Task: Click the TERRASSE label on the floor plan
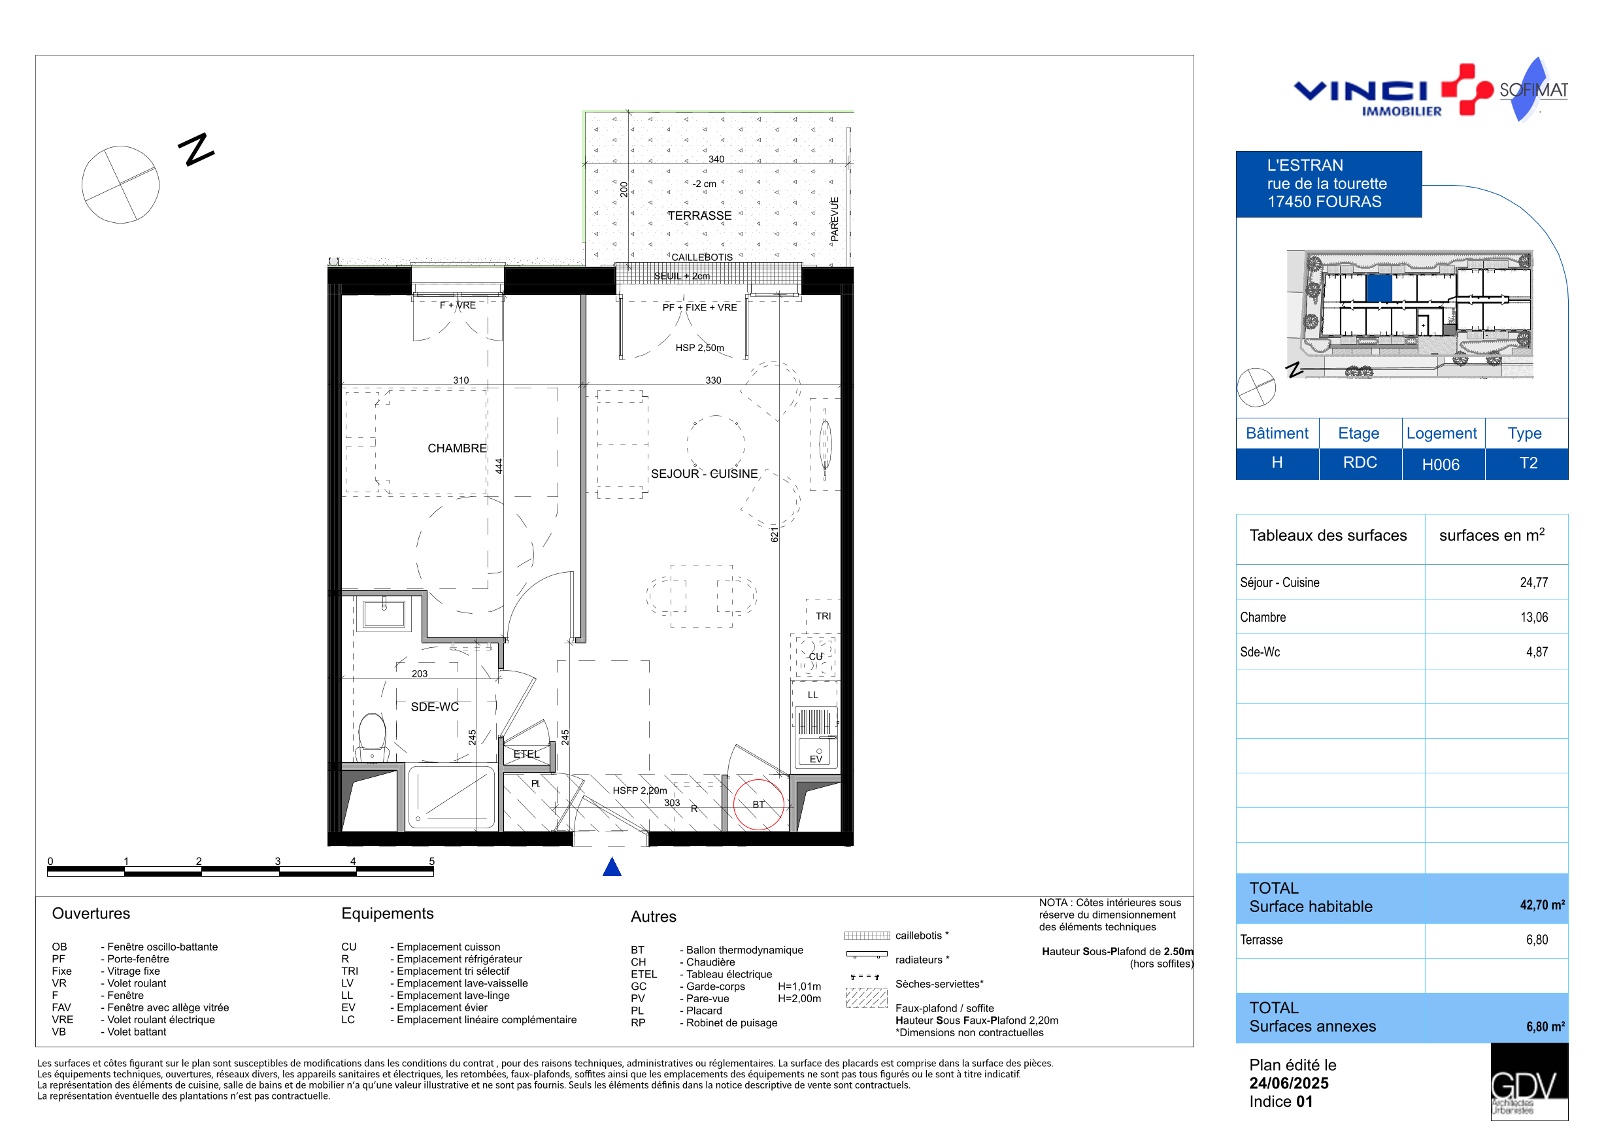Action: point(699,215)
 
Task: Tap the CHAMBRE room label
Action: point(457,448)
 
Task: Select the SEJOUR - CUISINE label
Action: point(704,474)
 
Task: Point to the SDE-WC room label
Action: point(434,707)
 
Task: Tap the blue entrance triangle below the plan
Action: point(611,866)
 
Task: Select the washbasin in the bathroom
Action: point(384,614)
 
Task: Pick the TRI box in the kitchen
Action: point(822,616)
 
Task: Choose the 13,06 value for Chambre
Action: point(1533,617)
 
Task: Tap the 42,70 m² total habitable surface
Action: point(1542,905)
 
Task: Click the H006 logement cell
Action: point(1440,465)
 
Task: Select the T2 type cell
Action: point(1528,463)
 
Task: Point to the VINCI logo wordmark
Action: point(1360,91)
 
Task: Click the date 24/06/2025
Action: point(1288,1083)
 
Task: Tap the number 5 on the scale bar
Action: point(431,861)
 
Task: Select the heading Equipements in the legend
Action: point(387,914)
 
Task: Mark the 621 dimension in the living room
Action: point(774,535)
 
